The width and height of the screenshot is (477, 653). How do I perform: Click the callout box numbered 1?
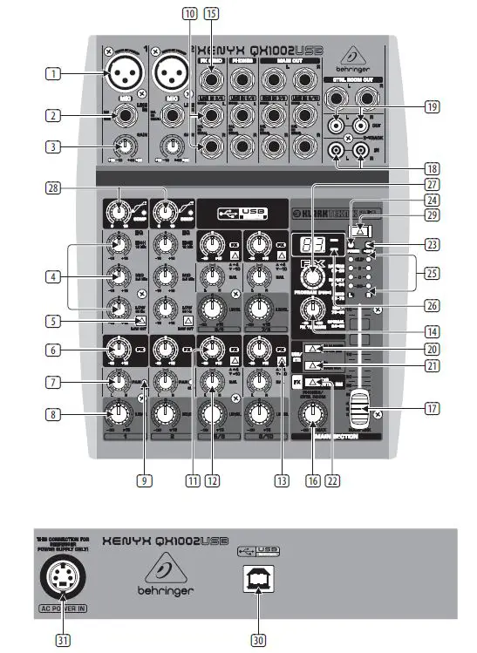tap(54, 75)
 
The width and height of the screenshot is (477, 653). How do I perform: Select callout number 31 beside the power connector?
tap(62, 639)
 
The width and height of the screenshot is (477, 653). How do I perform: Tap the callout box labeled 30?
tap(258, 639)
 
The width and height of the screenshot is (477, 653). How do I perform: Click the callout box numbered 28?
tap(54, 188)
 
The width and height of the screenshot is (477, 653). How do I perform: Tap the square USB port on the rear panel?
tap(258, 582)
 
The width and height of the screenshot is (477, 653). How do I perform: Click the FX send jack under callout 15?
tap(210, 80)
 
